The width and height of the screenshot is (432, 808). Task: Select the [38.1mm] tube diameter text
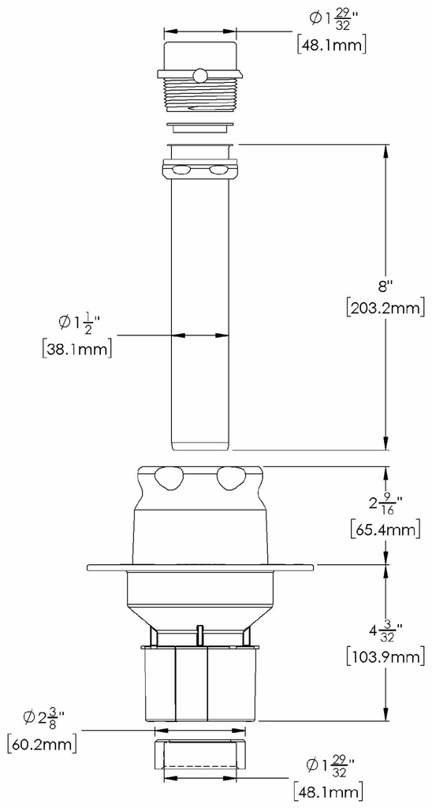76,349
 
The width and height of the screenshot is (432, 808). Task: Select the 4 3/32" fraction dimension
384,632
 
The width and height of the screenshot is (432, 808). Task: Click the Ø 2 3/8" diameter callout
43,718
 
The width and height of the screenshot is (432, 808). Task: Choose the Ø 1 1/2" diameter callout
79,323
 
